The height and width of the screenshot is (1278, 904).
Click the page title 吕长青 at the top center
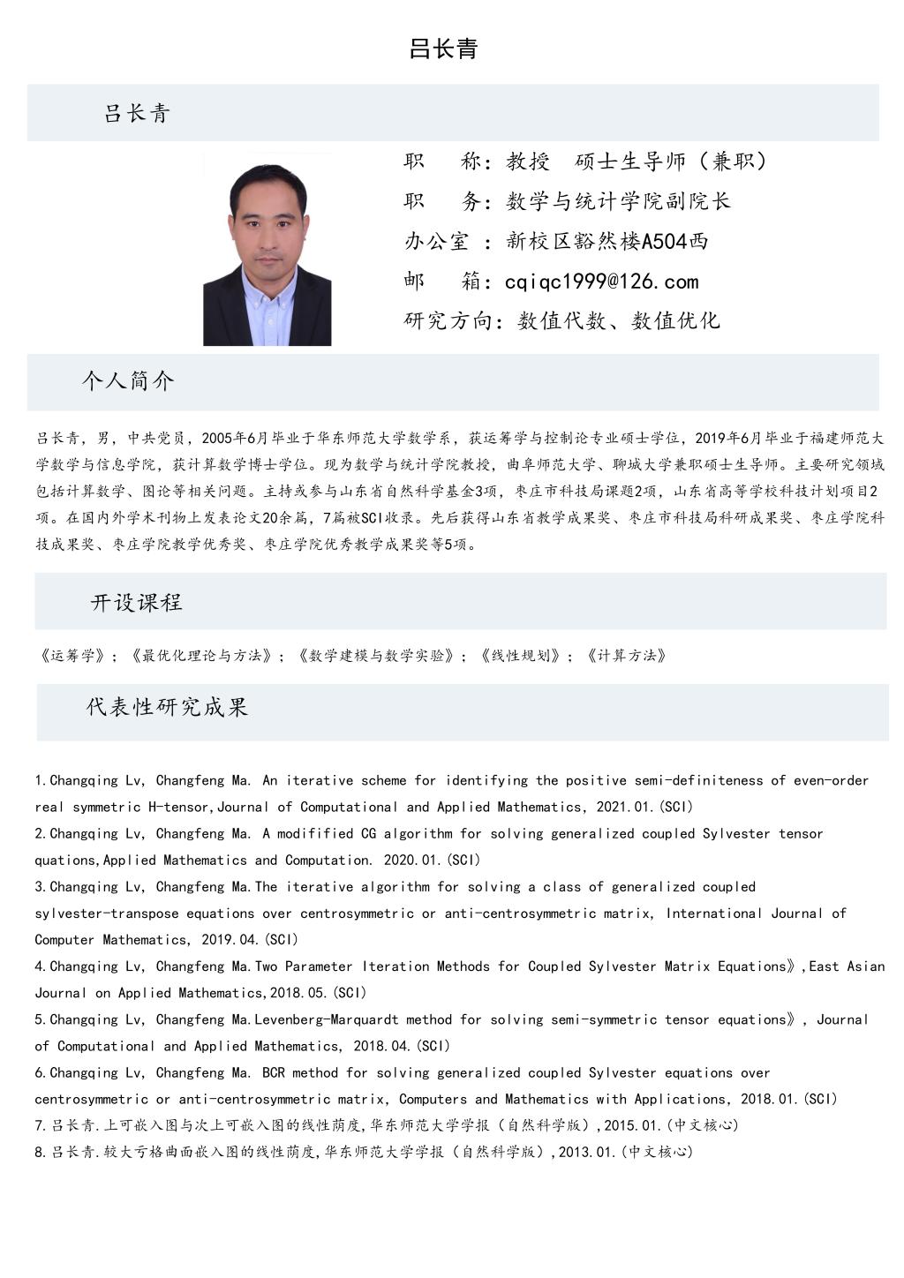point(443,49)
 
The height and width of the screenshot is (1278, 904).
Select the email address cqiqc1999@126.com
point(601,282)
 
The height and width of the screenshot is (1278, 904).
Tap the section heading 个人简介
point(128,381)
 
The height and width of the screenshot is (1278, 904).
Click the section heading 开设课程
point(137,603)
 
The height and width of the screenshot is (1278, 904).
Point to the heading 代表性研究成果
point(167,707)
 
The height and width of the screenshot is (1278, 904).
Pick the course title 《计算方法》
point(627,656)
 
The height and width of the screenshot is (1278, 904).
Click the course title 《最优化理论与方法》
point(202,656)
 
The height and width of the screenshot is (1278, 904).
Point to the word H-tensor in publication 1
point(179,807)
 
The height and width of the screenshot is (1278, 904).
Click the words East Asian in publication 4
point(847,966)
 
